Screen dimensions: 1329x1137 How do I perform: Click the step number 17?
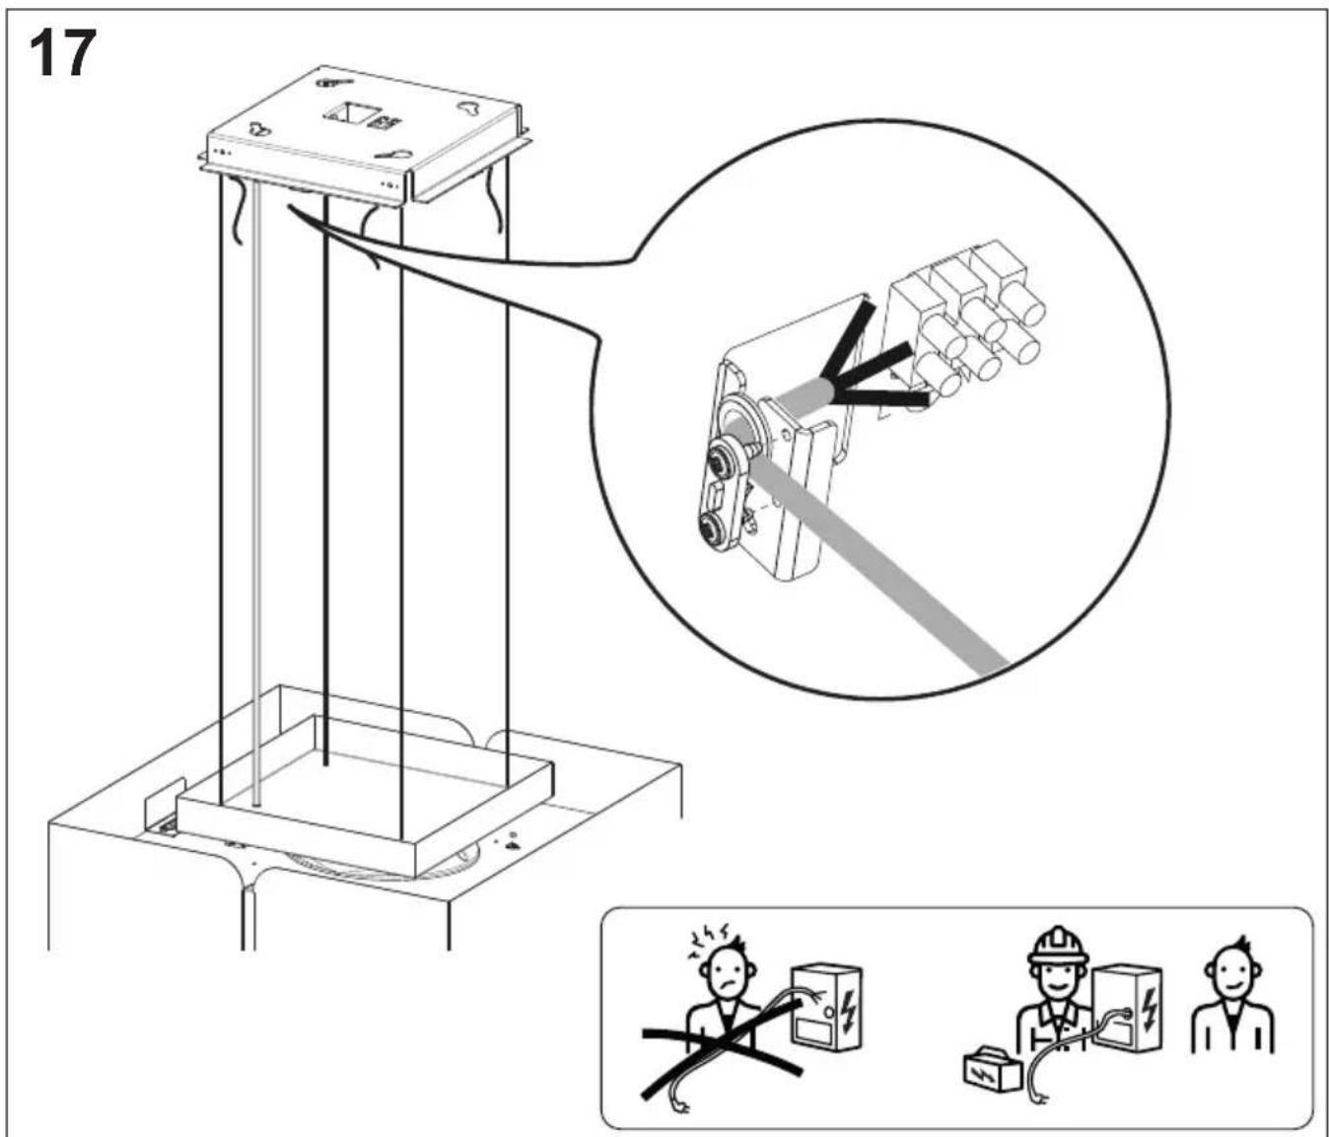point(62,53)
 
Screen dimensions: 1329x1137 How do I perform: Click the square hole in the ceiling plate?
point(349,114)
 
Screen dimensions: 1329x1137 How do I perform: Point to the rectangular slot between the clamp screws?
point(715,495)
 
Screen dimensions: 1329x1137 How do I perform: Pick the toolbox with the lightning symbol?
point(992,1068)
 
